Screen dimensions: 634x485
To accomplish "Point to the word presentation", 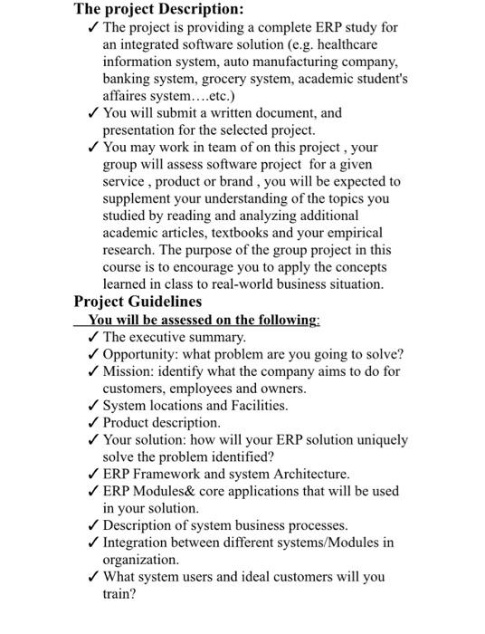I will (141, 130).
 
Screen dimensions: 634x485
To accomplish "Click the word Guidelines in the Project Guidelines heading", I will (163, 303).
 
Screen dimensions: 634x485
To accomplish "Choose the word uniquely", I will (379, 440).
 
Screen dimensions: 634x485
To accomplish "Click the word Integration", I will (140, 543).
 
